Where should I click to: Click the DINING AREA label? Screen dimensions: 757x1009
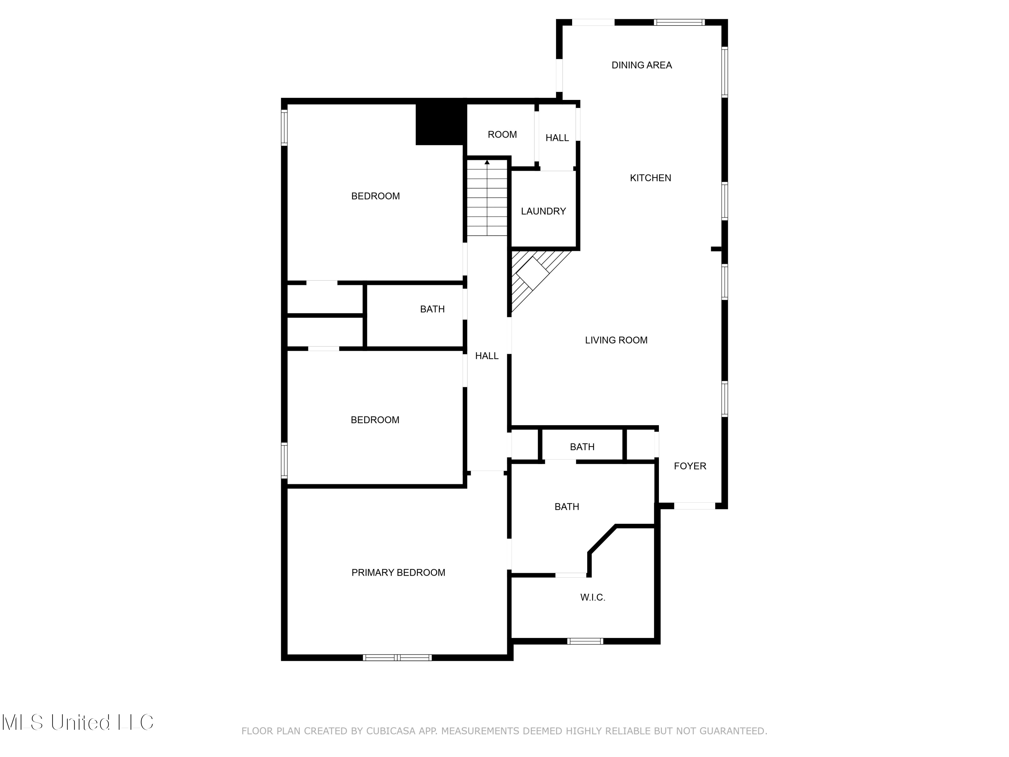point(641,65)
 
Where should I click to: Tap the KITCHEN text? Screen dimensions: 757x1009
point(650,178)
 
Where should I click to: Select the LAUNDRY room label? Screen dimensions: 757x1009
point(543,211)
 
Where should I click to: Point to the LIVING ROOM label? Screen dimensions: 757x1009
point(616,340)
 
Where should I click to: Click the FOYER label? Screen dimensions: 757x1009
point(690,466)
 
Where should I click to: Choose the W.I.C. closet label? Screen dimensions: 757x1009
point(593,597)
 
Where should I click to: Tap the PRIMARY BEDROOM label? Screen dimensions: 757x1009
point(398,573)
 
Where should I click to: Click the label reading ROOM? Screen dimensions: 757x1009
point(502,135)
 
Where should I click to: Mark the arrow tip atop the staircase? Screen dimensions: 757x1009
point(487,162)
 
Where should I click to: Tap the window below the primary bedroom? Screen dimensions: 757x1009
point(397,657)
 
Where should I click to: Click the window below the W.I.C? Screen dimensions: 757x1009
point(585,641)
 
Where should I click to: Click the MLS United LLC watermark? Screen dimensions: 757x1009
point(78,722)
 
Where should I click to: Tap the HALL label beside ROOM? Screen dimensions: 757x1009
point(557,138)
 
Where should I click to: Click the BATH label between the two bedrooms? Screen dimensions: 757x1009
point(432,310)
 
